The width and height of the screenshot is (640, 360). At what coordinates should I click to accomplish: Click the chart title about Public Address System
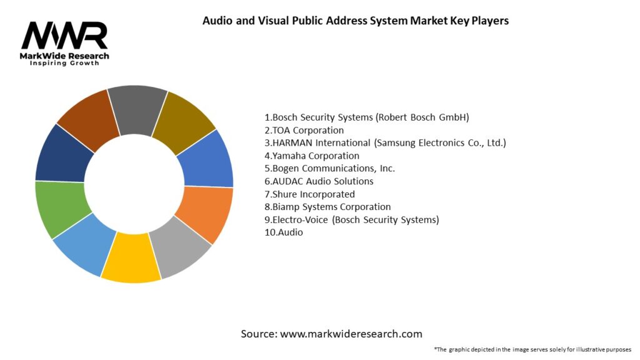click(356, 21)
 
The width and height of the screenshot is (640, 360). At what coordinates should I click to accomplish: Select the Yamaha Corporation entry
click(312, 156)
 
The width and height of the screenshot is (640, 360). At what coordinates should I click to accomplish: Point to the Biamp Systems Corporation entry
click(327, 207)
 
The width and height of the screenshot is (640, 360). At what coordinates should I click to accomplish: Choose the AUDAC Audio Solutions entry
click(319, 181)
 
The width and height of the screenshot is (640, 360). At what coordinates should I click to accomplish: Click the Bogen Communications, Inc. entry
click(330, 168)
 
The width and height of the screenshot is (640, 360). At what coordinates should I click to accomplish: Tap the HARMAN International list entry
click(385, 142)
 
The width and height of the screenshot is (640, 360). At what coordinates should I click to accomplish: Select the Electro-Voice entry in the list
click(352, 219)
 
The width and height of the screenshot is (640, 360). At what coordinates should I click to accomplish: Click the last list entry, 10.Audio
click(284, 232)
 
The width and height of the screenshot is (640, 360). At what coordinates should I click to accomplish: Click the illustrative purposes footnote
click(532, 349)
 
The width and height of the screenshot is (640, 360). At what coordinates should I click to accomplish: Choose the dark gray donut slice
click(136, 109)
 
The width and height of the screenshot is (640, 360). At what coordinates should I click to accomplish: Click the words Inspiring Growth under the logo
click(65, 64)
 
